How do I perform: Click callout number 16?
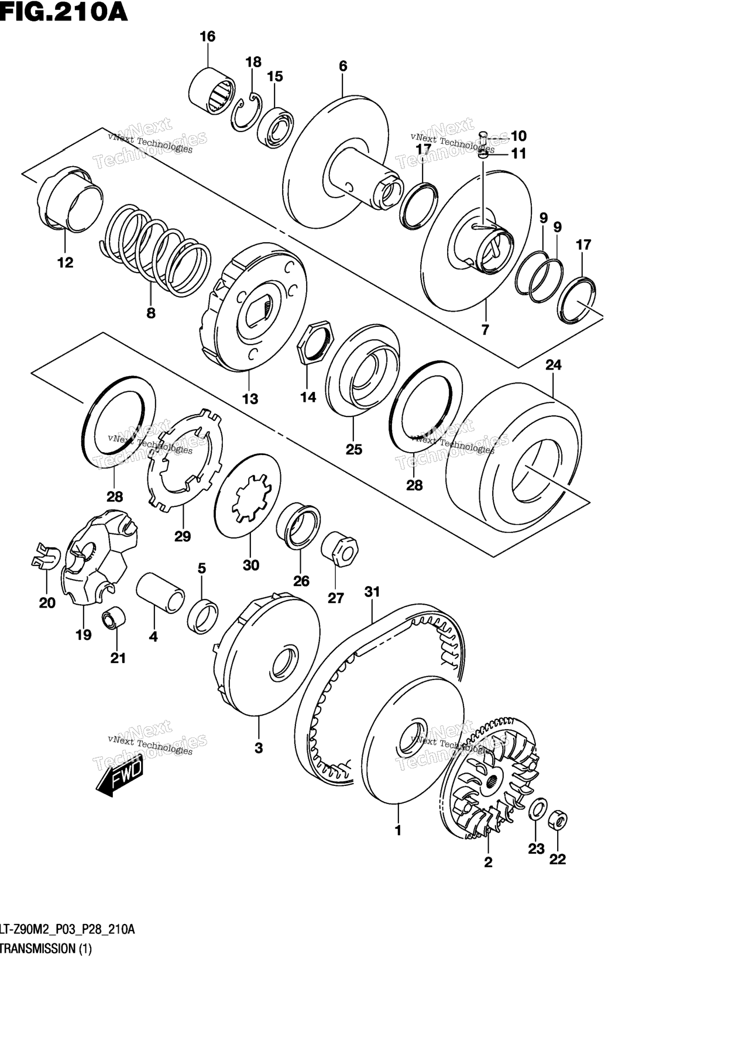click(x=208, y=36)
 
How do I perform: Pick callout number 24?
click(x=553, y=365)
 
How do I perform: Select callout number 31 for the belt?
click(x=372, y=592)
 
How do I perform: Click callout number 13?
click(x=250, y=399)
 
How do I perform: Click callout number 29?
click(x=183, y=536)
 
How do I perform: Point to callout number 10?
click(x=518, y=136)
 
